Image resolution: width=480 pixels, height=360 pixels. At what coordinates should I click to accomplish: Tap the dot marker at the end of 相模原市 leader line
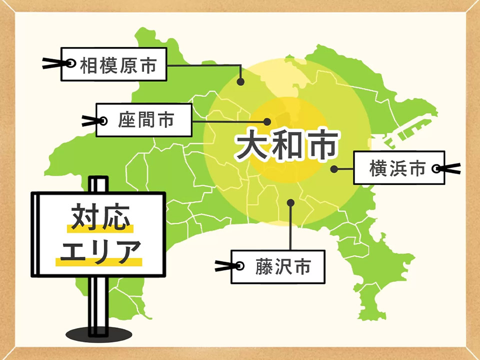[240, 81]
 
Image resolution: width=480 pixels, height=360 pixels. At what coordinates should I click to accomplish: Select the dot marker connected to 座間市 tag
[267, 121]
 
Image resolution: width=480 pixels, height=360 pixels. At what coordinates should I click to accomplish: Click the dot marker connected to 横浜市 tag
[333, 169]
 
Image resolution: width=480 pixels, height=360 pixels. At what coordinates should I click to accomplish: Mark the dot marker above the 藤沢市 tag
[290, 202]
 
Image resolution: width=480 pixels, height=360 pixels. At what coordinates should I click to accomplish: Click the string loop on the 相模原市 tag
[70, 63]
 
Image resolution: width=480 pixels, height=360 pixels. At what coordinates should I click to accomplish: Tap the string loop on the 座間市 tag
[103, 120]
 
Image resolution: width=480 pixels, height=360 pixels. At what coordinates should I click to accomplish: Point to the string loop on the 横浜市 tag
[437, 169]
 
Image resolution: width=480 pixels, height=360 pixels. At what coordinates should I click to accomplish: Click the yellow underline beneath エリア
[98, 262]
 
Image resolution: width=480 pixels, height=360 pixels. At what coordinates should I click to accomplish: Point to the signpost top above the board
[98, 183]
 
